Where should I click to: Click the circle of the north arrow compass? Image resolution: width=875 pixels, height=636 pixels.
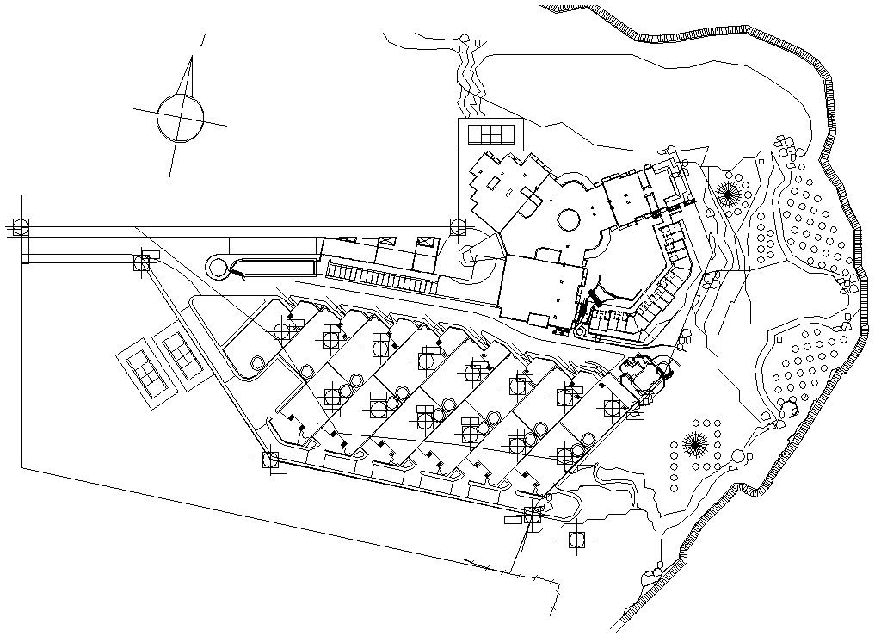pyautogui.click(x=181, y=118)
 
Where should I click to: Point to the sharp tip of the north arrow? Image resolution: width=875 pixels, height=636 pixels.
pyautogui.click(x=190, y=59)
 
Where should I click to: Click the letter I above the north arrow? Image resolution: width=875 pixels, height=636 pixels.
pyautogui.click(x=203, y=40)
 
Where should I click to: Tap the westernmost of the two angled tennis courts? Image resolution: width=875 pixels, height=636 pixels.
pyautogui.click(x=143, y=368)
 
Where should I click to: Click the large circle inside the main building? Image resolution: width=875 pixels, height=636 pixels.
pyautogui.click(x=569, y=219)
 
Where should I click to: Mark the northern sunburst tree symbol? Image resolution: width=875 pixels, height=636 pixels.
pyautogui.click(x=730, y=193)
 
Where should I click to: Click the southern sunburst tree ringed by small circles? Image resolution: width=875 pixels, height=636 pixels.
pyautogui.click(x=694, y=445)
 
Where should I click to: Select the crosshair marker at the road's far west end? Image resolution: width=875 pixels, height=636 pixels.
pyautogui.click(x=21, y=227)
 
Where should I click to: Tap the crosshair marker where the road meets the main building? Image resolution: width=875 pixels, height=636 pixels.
pyautogui.click(x=458, y=227)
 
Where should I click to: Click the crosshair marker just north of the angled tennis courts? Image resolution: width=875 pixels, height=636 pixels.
pyautogui.click(x=140, y=261)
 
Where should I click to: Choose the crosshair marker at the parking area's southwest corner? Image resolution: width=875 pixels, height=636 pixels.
pyautogui.click(x=270, y=460)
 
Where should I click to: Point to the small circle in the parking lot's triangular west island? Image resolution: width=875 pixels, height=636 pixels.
pyautogui.click(x=257, y=363)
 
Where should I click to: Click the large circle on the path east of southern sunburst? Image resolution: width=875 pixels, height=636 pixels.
pyautogui.click(x=737, y=455)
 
